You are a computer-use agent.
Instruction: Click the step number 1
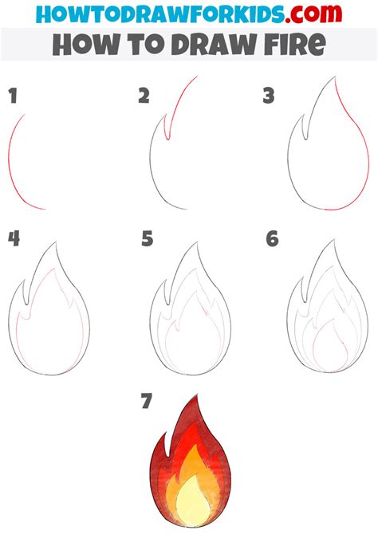13,97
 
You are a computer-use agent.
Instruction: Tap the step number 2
144,96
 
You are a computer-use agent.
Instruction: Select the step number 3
269,96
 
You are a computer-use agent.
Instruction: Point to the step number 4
14,238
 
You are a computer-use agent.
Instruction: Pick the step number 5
147,238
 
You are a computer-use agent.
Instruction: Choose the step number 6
273,238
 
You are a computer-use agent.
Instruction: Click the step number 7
146,402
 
